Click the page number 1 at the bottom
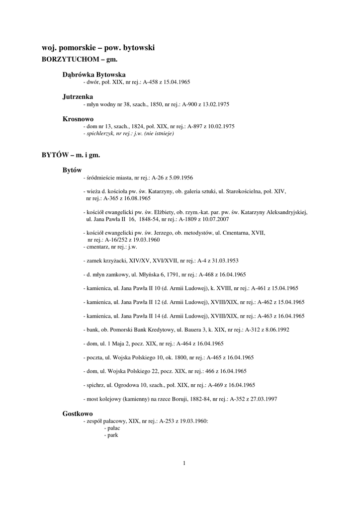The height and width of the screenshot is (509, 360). (x=184, y=464)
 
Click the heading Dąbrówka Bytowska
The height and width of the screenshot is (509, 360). (x=97, y=74)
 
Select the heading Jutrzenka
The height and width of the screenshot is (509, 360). (x=78, y=96)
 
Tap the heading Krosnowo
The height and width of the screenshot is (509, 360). (x=78, y=119)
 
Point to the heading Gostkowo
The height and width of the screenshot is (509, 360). (x=78, y=414)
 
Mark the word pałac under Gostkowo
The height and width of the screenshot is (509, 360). (x=113, y=428)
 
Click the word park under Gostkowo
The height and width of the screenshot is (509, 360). (x=112, y=435)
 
